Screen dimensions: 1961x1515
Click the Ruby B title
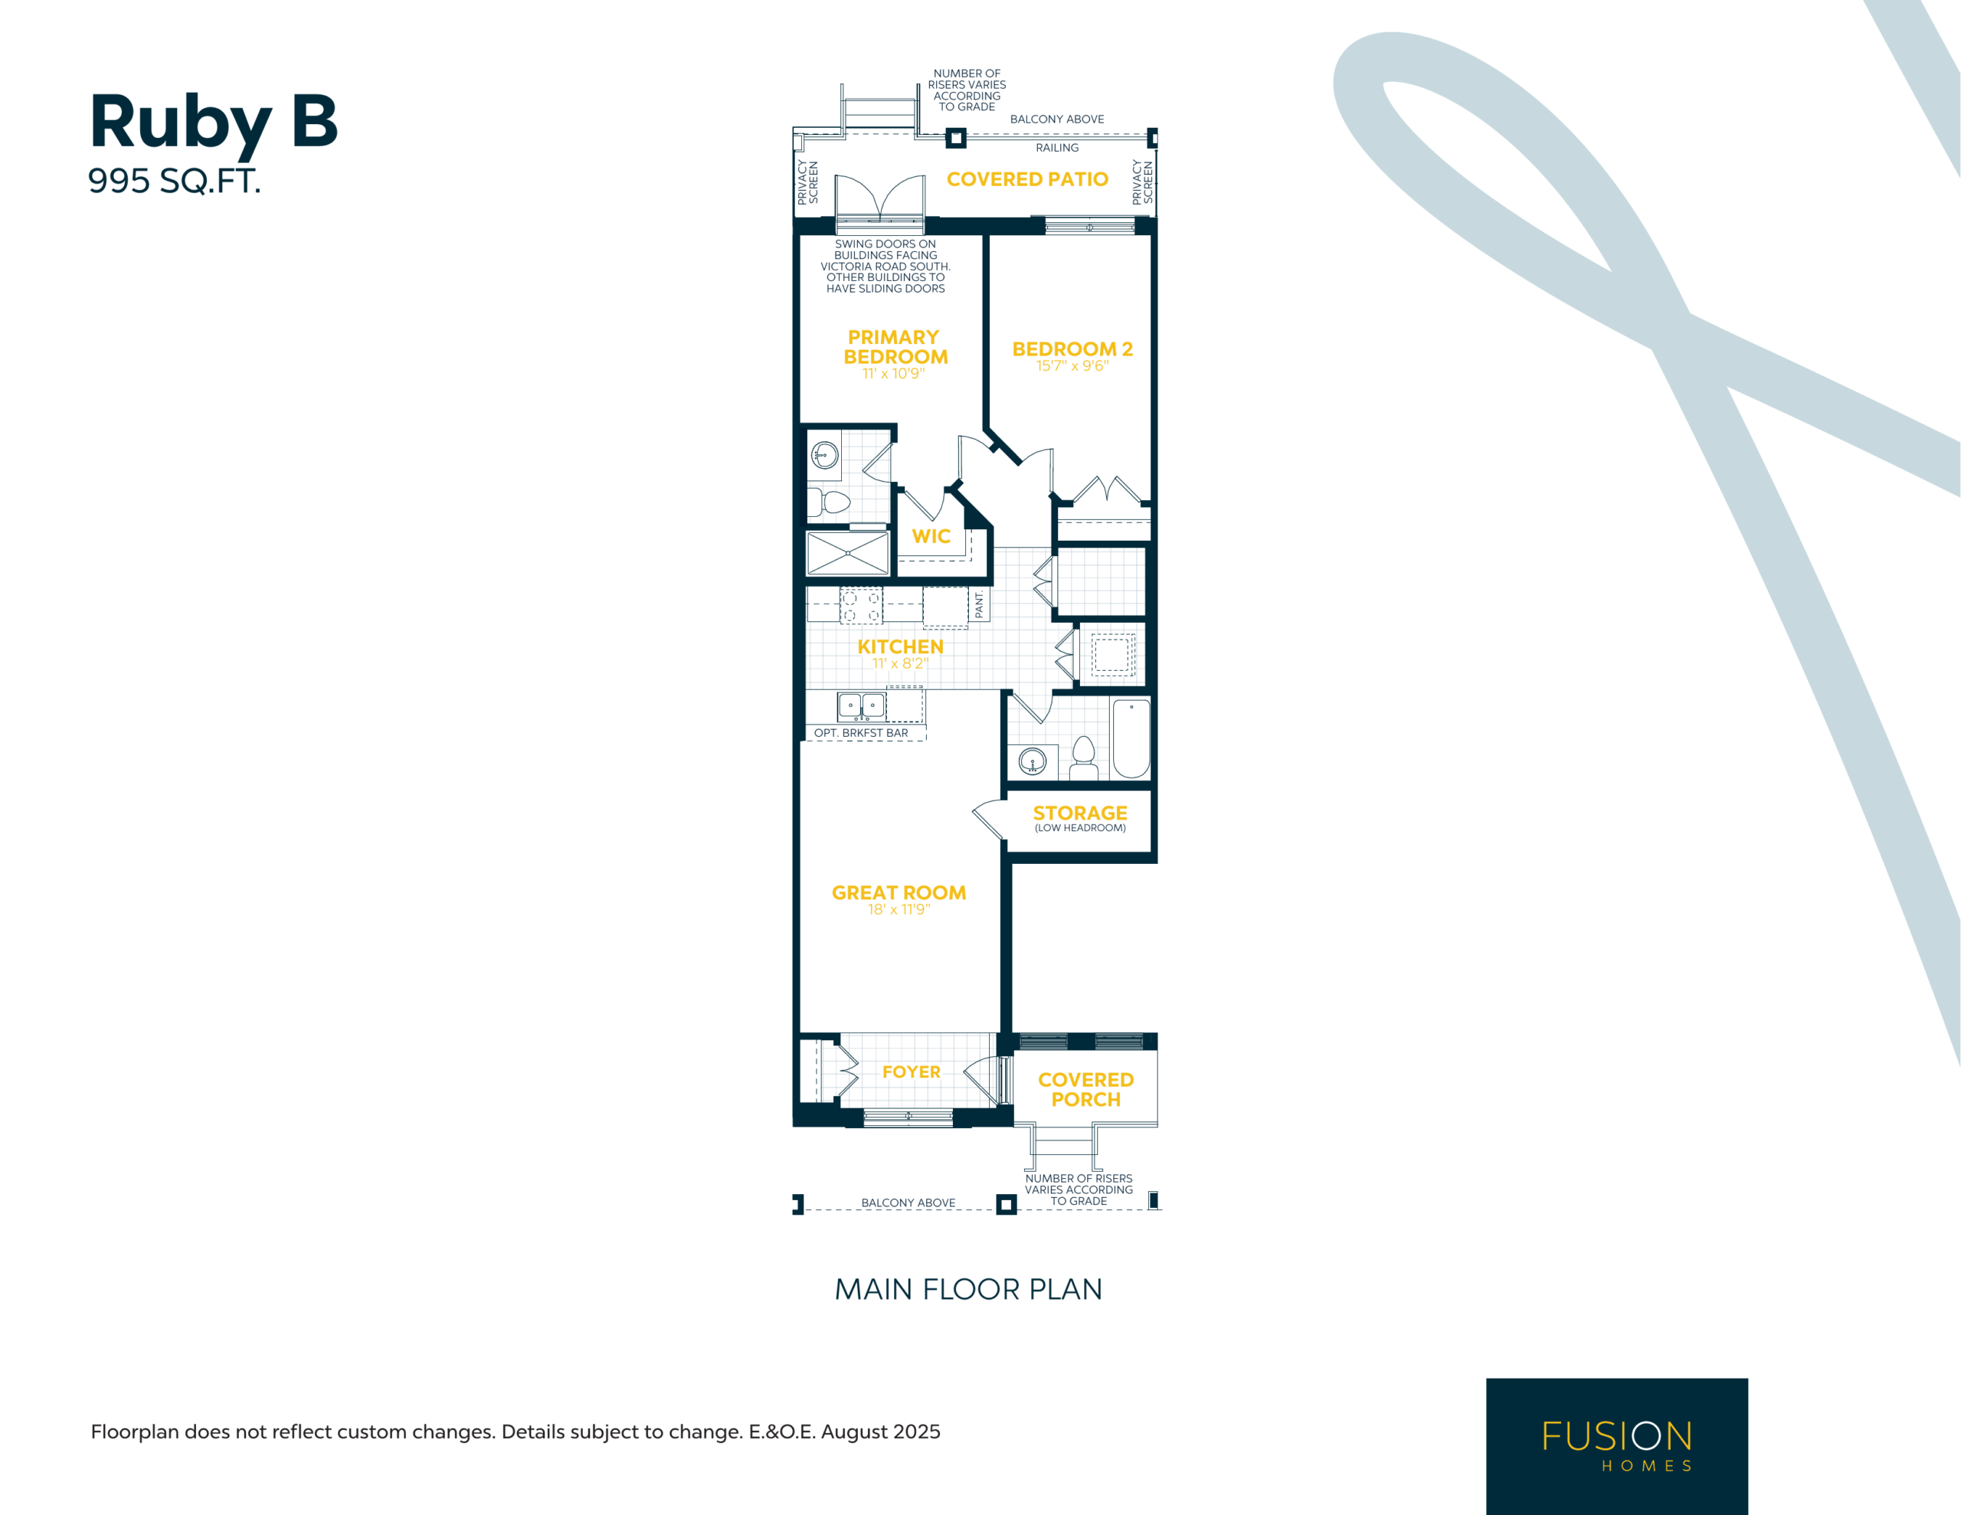(x=214, y=123)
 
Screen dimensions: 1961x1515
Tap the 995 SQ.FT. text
(x=174, y=182)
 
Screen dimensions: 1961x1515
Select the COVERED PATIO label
(x=1027, y=179)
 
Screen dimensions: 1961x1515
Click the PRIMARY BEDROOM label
(x=895, y=348)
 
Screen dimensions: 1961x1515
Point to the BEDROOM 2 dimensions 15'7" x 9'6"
(x=1072, y=366)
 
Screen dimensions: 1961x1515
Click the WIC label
(x=931, y=536)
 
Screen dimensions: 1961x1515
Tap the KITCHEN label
(x=900, y=646)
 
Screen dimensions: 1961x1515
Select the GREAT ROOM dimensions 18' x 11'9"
(x=899, y=910)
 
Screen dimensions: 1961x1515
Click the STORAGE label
(x=1080, y=813)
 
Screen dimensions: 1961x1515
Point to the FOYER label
(x=912, y=1072)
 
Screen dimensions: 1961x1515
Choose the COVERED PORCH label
(x=1085, y=1089)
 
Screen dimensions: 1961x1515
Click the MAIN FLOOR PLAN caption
(x=968, y=1290)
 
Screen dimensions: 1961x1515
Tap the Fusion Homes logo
(x=1616, y=1445)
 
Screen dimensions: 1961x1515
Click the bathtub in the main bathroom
(x=1131, y=738)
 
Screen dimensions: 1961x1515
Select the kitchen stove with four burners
(x=861, y=605)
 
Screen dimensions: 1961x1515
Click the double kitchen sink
(x=861, y=707)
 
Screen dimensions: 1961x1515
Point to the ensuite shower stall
(x=848, y=553)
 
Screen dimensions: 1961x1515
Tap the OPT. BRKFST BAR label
(x=861, y=733)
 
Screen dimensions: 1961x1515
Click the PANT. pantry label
(x=980, y=604)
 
